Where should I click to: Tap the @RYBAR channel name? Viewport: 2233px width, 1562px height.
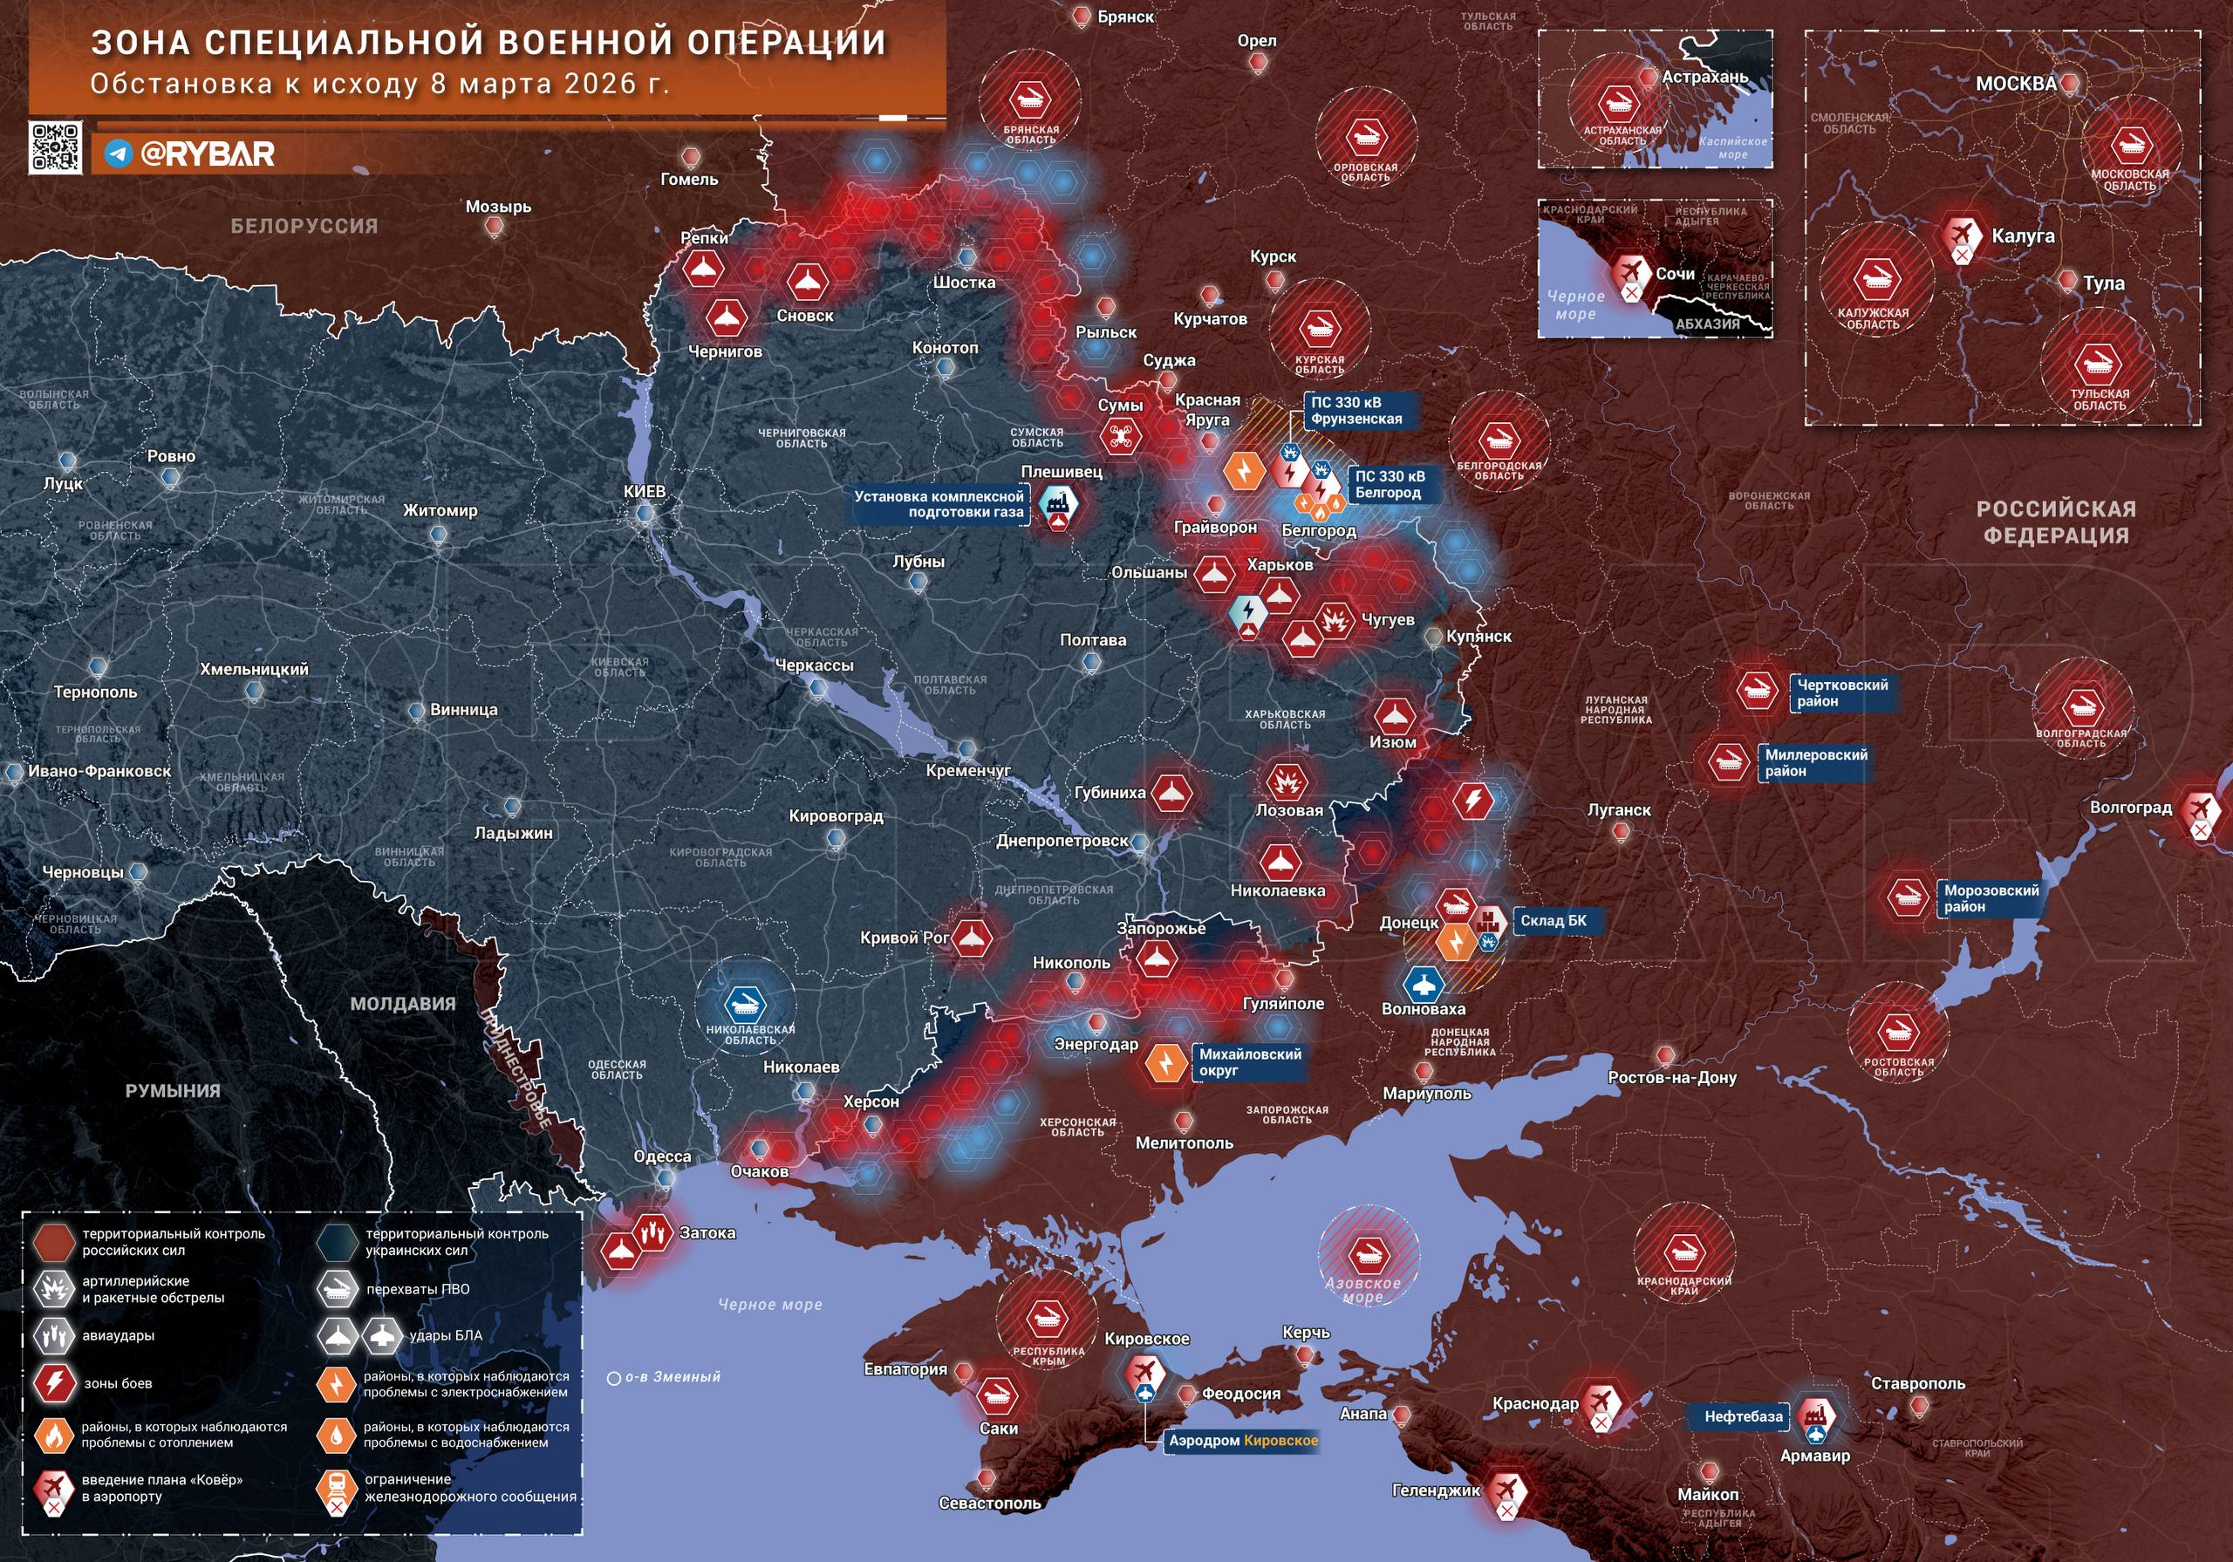[x=207, y=153]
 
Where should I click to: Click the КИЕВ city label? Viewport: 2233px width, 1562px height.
[x=644, y=491]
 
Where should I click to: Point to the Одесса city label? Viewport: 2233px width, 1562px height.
[x=662, y=1156]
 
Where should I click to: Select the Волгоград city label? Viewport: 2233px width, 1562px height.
[x=2130, y=808]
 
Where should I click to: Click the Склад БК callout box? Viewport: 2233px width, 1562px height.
[x=1554, y=921]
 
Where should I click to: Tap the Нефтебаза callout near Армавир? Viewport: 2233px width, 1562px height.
[x=1743, y=1417]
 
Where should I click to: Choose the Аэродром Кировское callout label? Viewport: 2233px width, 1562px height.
[x=1243, y=1441]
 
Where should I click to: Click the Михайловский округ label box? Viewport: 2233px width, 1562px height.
[x=1249, y=1062]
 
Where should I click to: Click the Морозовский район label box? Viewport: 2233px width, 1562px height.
[x=1990, y=897]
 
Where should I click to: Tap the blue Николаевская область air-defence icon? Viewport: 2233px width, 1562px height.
[x=746, y=1004]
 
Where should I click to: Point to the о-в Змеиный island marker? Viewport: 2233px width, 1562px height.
[x=614, y=1378]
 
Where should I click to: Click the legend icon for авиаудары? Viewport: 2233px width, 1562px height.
[x=52, y=1336]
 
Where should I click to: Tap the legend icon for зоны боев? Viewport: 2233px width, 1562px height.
[x=52, y=1383]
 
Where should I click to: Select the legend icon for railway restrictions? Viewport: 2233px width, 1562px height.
[x=337, y=1488]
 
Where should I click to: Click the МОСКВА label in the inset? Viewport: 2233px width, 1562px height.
[x=2016, y=84]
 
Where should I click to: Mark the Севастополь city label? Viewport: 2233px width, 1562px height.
[x=989, y=1503]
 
